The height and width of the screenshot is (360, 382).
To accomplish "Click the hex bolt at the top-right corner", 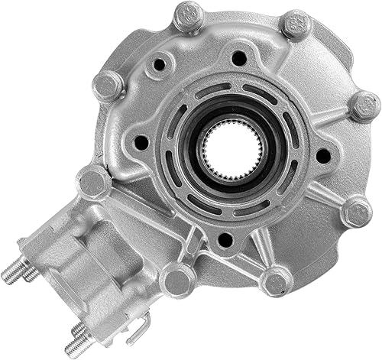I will (x=296, y=24).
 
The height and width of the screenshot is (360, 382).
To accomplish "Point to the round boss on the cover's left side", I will (x=94, y=182).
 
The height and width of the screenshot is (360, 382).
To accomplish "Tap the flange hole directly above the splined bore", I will (x=239, y=57).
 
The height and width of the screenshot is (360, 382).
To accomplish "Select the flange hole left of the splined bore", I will (x=141, y=142).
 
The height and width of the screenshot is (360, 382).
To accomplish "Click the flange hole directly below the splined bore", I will (x=225, y=239).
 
